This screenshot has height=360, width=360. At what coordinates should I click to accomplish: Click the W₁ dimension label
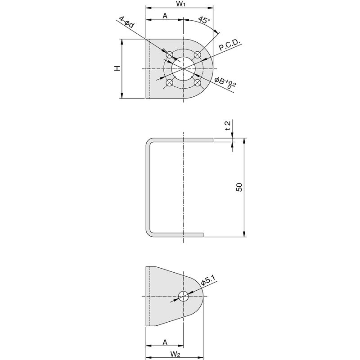[181, 4]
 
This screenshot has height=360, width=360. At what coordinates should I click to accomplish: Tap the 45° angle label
[204, 20]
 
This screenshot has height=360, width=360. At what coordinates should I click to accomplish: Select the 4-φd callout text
[126, 22]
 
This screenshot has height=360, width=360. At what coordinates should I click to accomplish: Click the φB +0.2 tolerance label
[225, 83]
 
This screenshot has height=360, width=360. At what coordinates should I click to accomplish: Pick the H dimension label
[117, 68]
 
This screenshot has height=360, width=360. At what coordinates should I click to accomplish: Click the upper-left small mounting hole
[170, 55]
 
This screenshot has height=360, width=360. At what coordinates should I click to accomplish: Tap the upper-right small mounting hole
[197, 55]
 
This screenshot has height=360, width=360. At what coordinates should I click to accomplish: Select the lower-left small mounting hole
[170, 83]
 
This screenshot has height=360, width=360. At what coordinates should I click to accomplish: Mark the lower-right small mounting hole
[197, 83]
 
